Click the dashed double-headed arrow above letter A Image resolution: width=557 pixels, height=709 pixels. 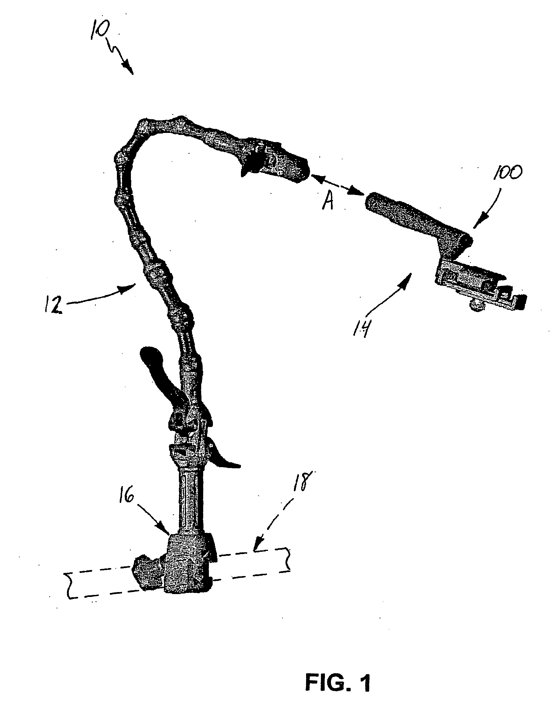338,186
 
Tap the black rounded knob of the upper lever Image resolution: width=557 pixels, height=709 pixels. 151,356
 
